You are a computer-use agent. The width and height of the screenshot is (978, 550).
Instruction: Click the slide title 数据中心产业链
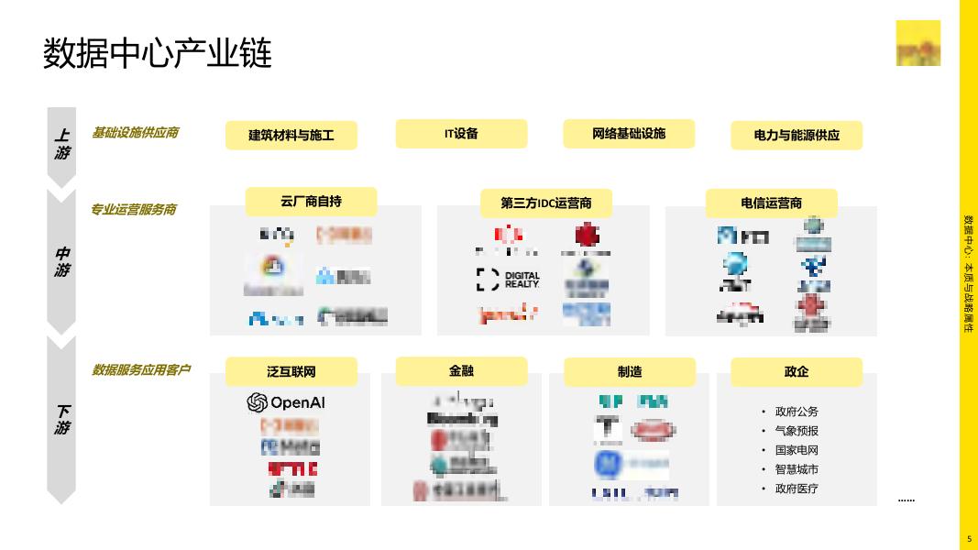pyautogui.click(x=158, y=53)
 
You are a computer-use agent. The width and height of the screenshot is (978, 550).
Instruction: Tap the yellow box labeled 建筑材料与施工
pyautogui.click(x=291, y=136)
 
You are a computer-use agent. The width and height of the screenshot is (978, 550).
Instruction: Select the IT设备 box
pyautogui.click(x=461, y=134)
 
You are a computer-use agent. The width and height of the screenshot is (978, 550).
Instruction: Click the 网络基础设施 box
pyautogui.click(x=629, y=134)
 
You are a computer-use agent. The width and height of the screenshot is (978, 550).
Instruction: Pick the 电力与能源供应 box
pyautogui.click(x=796, y=136)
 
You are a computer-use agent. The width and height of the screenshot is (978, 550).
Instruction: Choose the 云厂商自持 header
pyautogui.click(x=311, y=202)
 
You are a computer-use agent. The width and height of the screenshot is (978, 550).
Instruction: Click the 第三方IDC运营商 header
pyautogui.click(x=545, y=203)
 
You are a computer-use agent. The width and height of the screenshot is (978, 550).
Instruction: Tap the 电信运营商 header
pyautogui.click(x=771, y=203)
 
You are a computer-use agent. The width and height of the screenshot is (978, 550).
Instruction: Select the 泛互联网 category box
pyautogui.click(x=291, y=372)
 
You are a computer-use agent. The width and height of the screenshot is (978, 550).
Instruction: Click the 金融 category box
pyautogui.click(x=461, y=371)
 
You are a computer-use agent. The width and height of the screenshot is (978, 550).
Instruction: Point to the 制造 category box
pyautogui.click(x=629, y=372)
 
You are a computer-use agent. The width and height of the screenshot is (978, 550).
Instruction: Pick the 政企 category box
pyautogui.click(x=796, y=372)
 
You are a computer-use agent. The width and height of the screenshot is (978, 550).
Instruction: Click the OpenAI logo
pyautogui.click(x=286, y=402)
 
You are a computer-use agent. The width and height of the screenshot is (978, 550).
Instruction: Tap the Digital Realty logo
pyautogui.click(x=509, y=280)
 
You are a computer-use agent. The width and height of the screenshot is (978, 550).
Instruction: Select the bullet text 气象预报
pyautogui.click(x=797, y=431)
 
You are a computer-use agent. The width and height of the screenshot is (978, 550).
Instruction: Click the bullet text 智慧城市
pyautogui.click(x=797, y=469)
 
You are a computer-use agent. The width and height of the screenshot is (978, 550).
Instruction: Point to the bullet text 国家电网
pyautogui.click(x=797, y=450)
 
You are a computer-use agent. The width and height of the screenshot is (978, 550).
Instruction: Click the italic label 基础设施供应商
pyautogui.click(x=135, y=133)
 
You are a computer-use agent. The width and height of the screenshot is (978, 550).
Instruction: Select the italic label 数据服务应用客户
pyautogui.click(x=141, y=370)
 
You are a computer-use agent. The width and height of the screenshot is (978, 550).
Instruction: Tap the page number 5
pyautogui.click(x=969, y=539)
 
